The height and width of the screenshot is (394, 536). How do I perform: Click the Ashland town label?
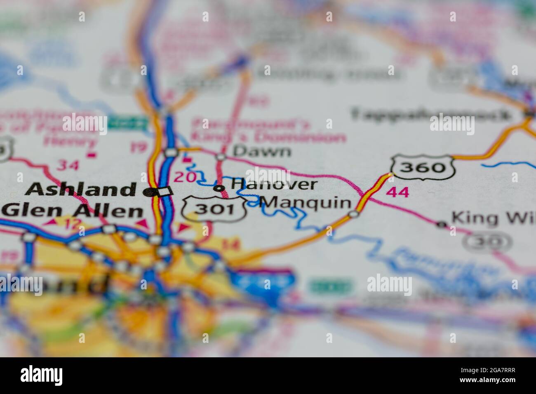click(81, 190)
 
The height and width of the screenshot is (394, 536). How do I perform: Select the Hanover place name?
click(274, 184)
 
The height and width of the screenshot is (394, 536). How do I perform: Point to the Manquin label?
click(307, 203)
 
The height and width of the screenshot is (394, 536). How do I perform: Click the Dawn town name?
click(261, 151)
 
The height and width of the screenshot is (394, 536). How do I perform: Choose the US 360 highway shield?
click(423, 167)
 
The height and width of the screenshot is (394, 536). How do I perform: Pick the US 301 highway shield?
click(214, 209)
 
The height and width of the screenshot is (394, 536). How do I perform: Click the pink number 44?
click(398, 192)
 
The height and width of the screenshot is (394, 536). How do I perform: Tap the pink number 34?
click(68, 165)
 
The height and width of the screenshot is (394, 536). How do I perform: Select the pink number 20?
click(185, 177)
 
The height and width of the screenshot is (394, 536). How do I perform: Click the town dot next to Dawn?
click(221, 157)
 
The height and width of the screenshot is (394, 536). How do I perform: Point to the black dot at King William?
click(442, 225)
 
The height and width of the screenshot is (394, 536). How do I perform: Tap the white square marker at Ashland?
click(166, 191)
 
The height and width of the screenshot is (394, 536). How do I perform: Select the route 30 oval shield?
click(487, 242)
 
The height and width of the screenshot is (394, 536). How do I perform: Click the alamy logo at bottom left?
click(42, 375)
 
